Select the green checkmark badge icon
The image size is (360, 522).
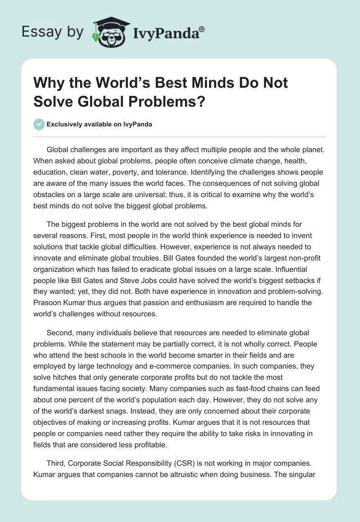(x=40, y=124)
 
